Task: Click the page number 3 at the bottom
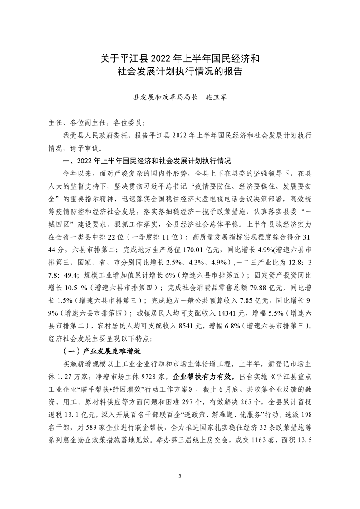pyautogui.click(x=180, y=475)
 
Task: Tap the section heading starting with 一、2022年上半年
pyautogui.click(x=148, y=161)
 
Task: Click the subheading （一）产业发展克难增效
pyautogui.click(x=104, y=351)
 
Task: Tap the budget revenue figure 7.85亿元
pyautogui.click(x=249, y=300)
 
